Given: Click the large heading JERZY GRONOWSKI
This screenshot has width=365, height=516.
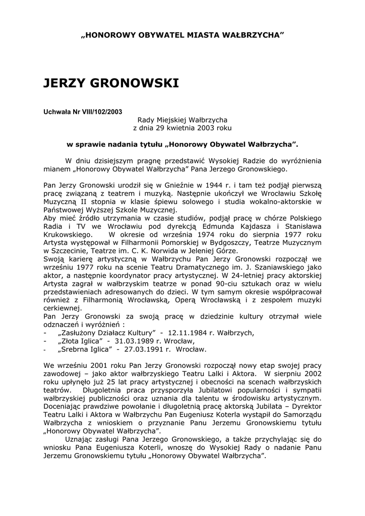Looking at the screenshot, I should [x=111, y=83].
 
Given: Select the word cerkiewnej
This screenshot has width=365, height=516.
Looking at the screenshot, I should [x=62, y=308].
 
